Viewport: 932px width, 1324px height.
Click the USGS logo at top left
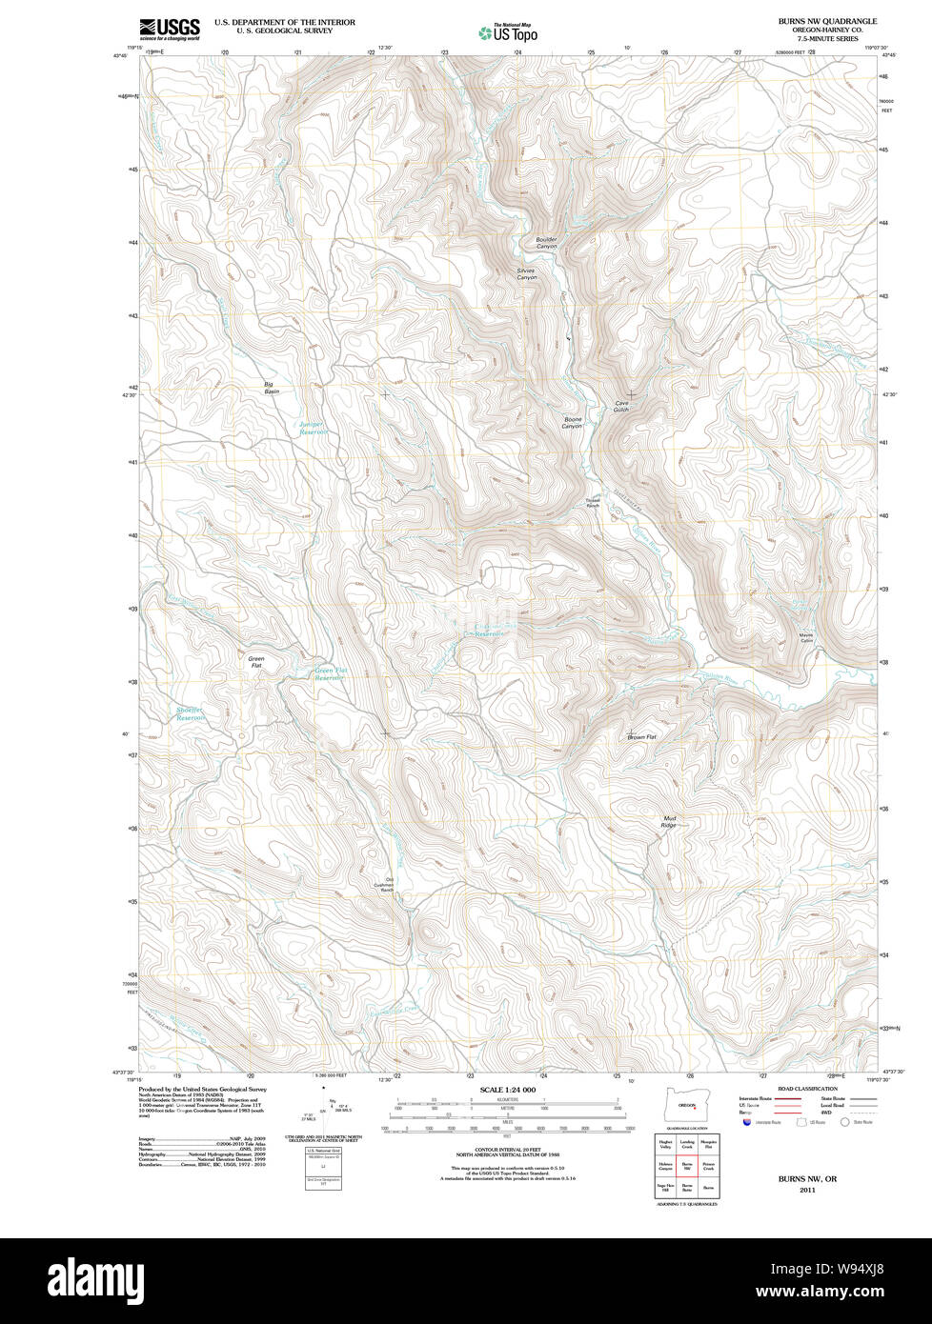[170, 30]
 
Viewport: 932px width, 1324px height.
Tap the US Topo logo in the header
[508, 32]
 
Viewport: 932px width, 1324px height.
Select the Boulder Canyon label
[546, 243]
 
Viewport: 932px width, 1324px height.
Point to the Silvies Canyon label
[527, 273]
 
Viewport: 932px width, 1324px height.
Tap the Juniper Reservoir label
[313, 428]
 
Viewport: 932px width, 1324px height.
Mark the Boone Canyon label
[572, 423]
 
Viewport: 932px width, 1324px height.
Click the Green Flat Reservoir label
[329, 673]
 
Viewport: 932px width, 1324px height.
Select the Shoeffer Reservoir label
[191, 713]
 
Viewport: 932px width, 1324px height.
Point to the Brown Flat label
[641, 737]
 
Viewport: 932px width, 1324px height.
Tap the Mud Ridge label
[669, 821]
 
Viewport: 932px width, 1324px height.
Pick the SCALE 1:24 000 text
[508, 1090]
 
